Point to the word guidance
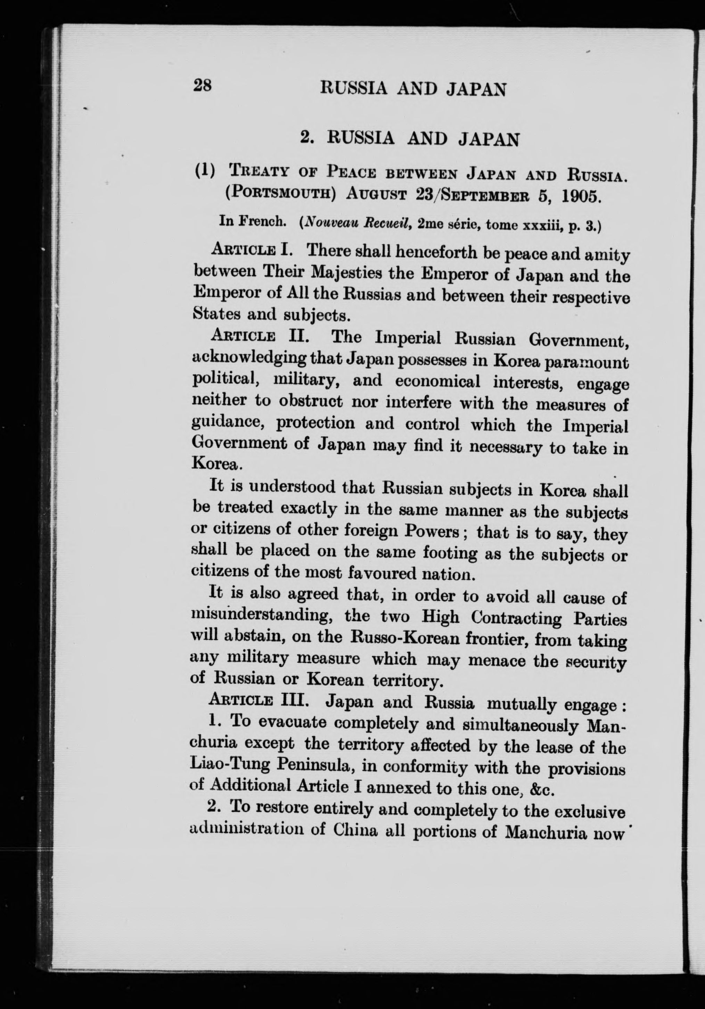tap(229, 423)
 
